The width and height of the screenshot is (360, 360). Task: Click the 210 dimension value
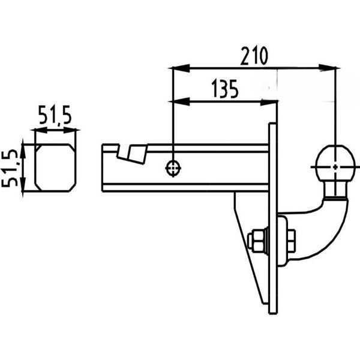(254, 56)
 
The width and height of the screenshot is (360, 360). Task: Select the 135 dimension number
(225, 89)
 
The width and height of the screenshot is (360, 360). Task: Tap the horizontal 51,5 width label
(55, 115)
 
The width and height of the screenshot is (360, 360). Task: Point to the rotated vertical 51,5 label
(10, 168)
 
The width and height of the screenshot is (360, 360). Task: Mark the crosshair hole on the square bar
(173, 168)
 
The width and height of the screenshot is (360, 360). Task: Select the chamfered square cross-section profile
(55, 167)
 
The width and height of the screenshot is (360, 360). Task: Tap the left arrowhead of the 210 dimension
(181, 68)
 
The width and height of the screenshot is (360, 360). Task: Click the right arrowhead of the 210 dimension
(328, 68)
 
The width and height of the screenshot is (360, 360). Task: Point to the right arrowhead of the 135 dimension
(269, 101)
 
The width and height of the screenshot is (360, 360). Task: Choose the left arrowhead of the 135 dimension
(181, 101)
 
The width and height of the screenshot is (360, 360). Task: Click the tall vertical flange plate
(273, 218)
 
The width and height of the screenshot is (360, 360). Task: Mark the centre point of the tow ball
(335, 167)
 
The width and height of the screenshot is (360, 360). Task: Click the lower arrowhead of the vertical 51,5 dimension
(23, 184)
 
